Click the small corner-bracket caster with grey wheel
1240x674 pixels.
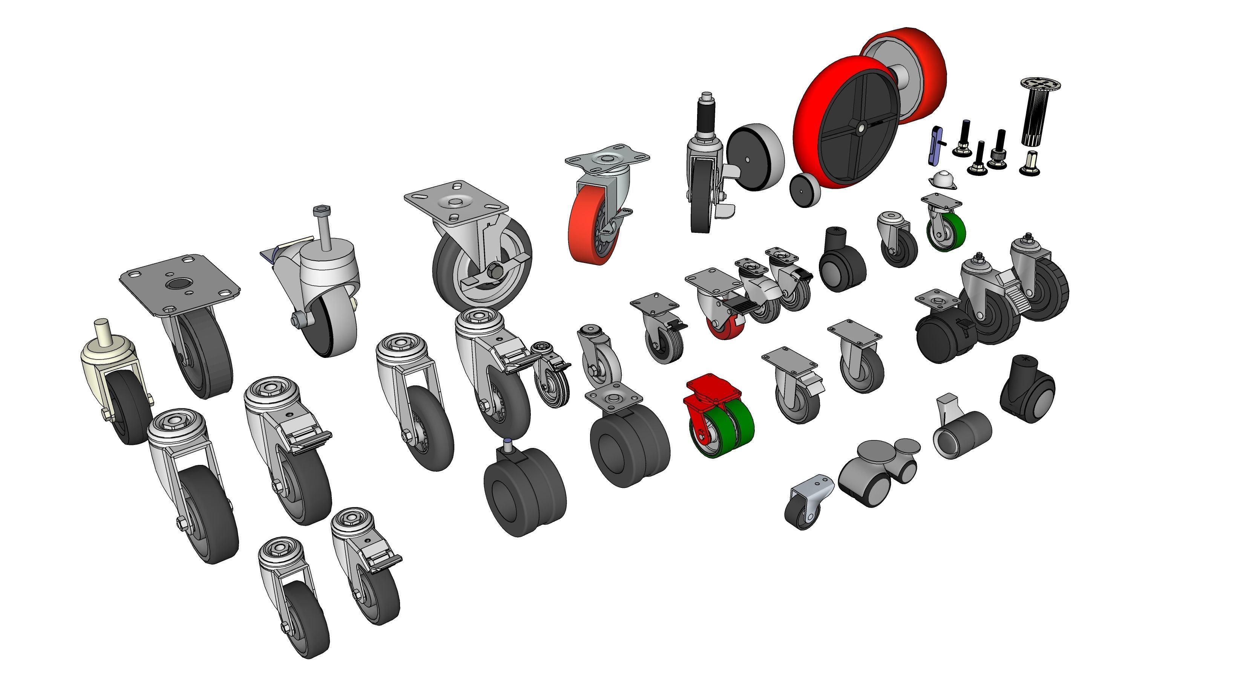click(x=806, y=505)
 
